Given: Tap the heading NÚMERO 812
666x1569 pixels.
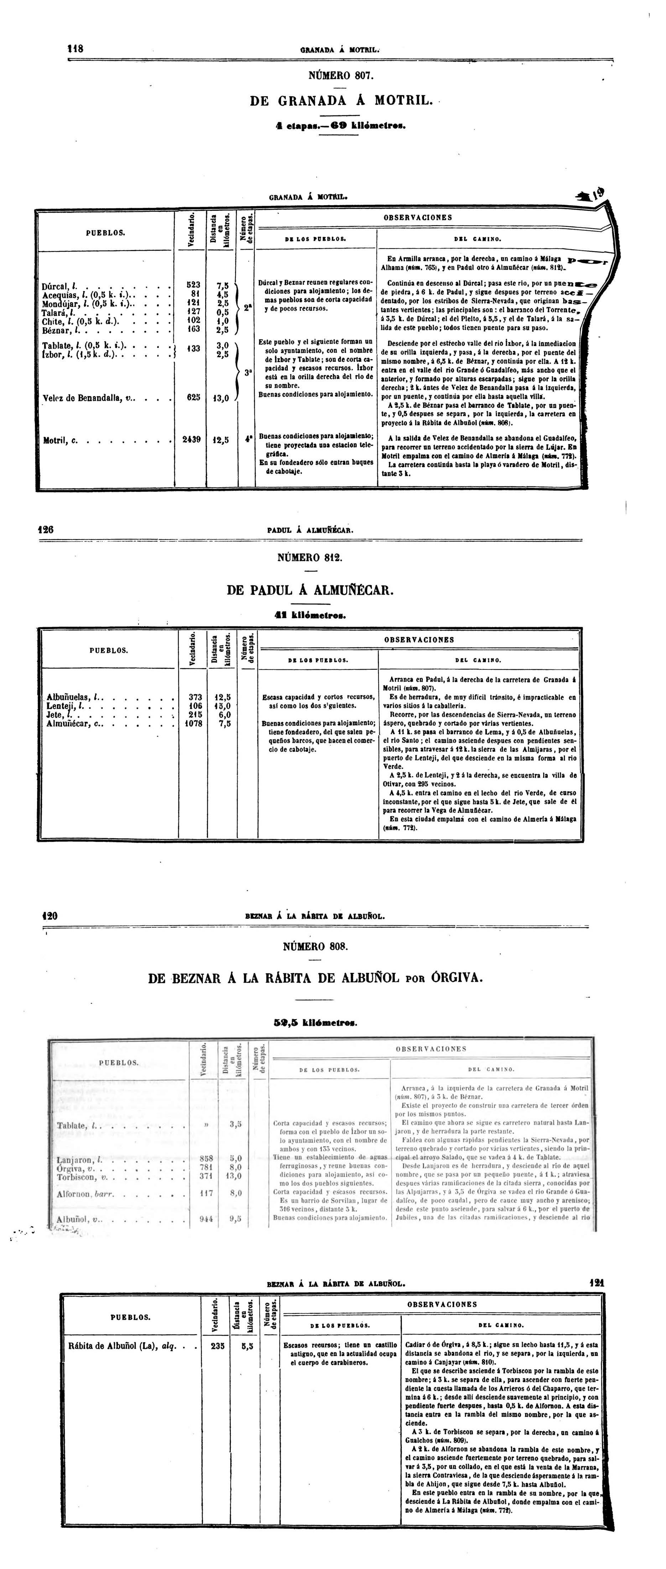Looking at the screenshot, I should click(309, 557).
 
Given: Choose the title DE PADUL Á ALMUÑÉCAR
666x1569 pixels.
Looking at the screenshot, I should click(310, 590).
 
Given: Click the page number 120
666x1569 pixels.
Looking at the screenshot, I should click(50, 916).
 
